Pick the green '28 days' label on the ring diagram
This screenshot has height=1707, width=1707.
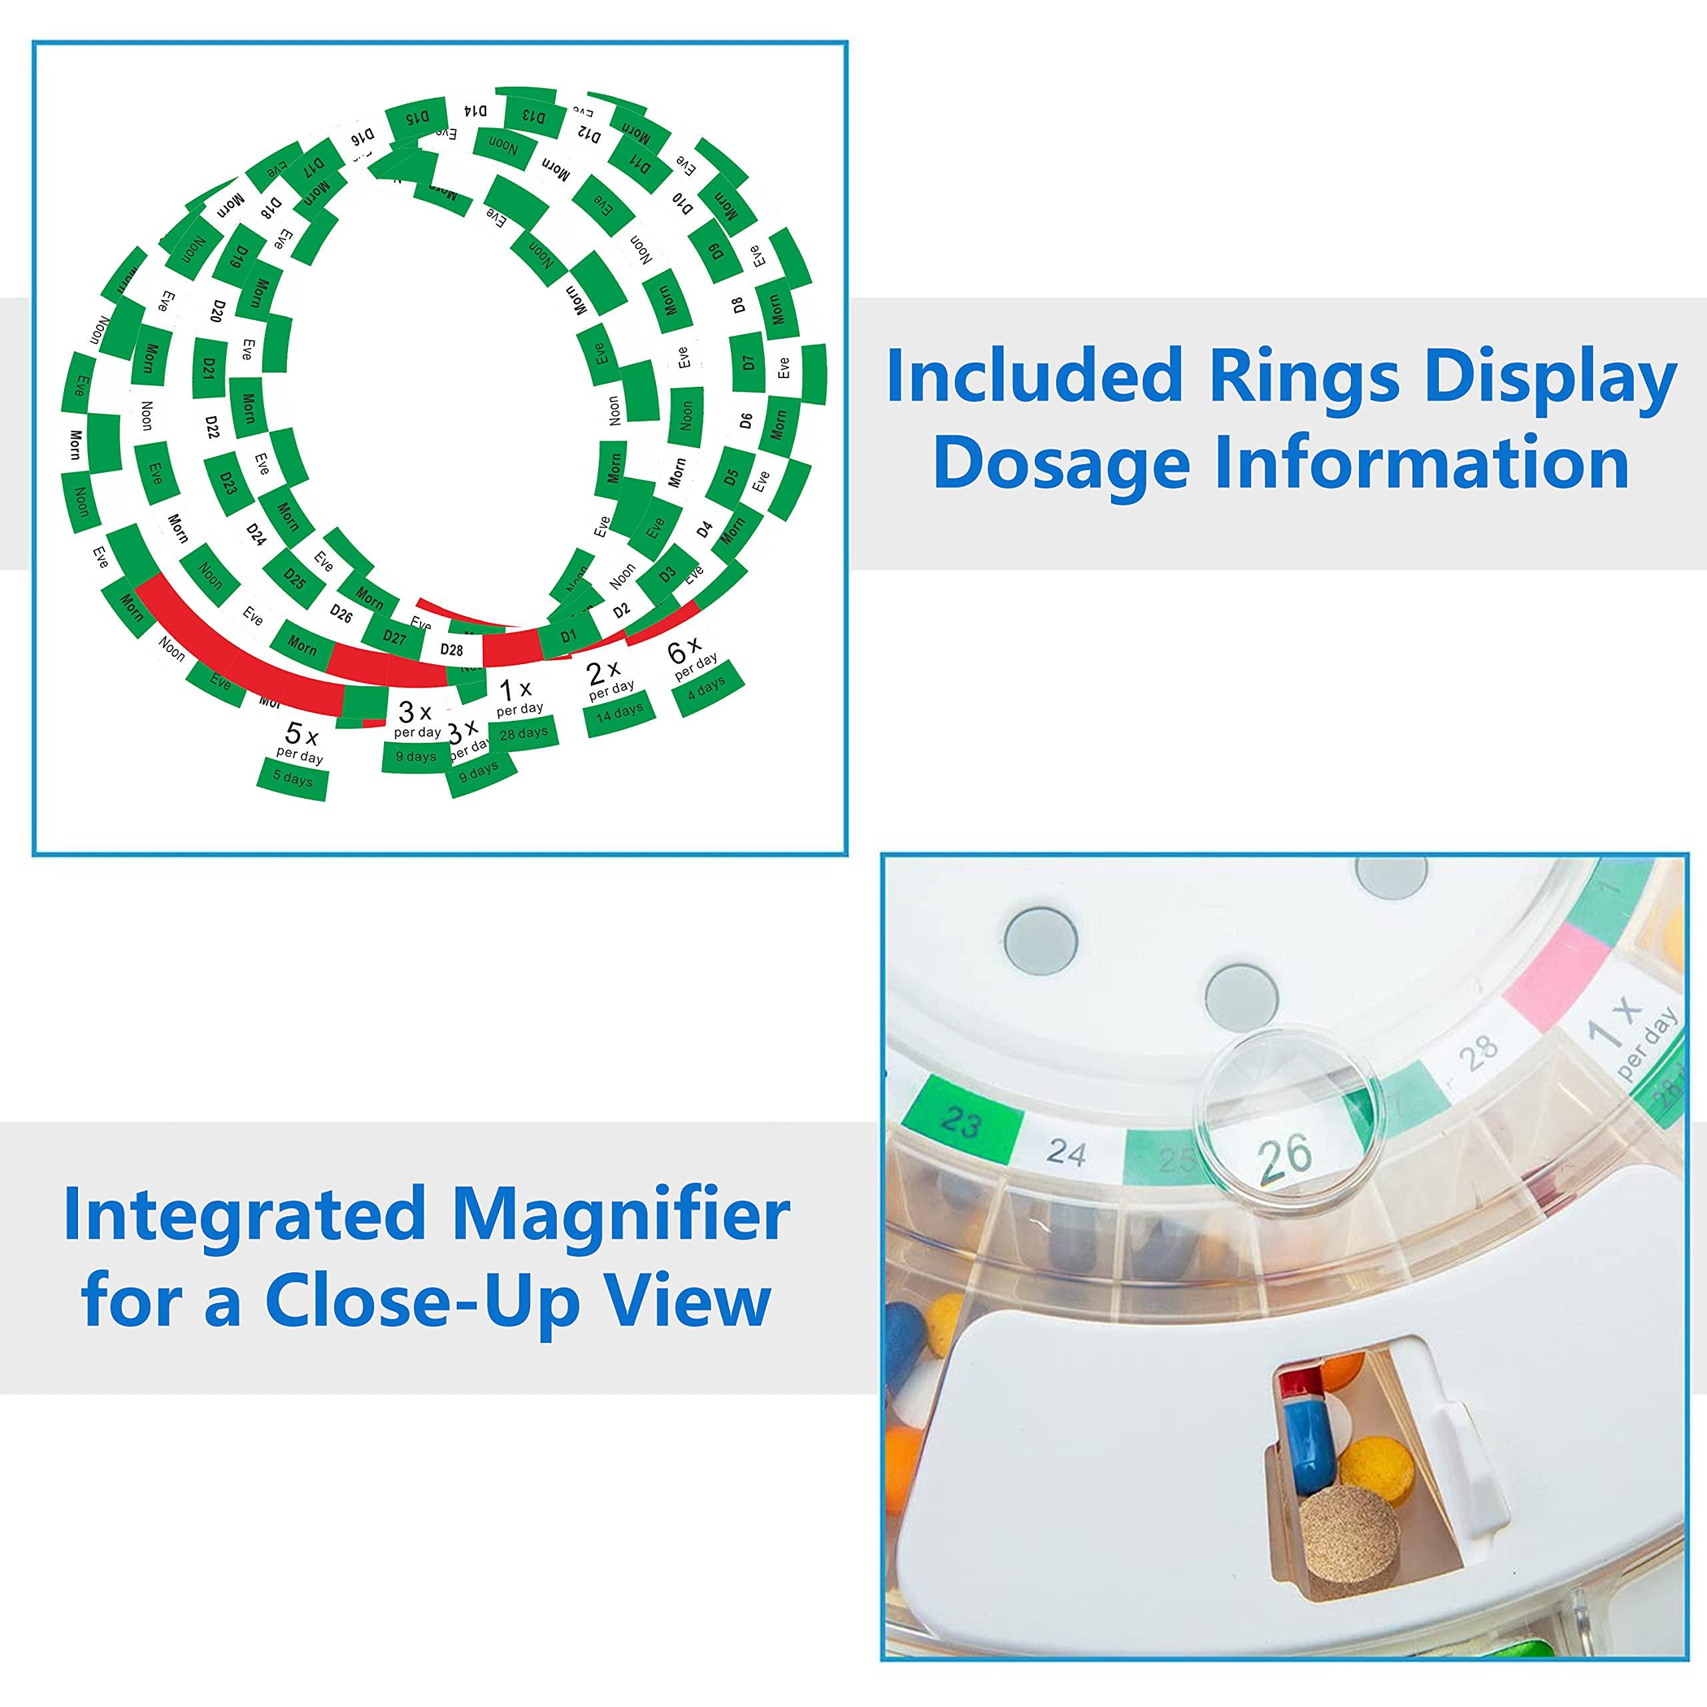[x=522, y=732]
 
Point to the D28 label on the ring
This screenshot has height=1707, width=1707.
[x=451, y=649]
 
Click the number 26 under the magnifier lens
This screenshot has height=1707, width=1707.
[x=1286, y=1155]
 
